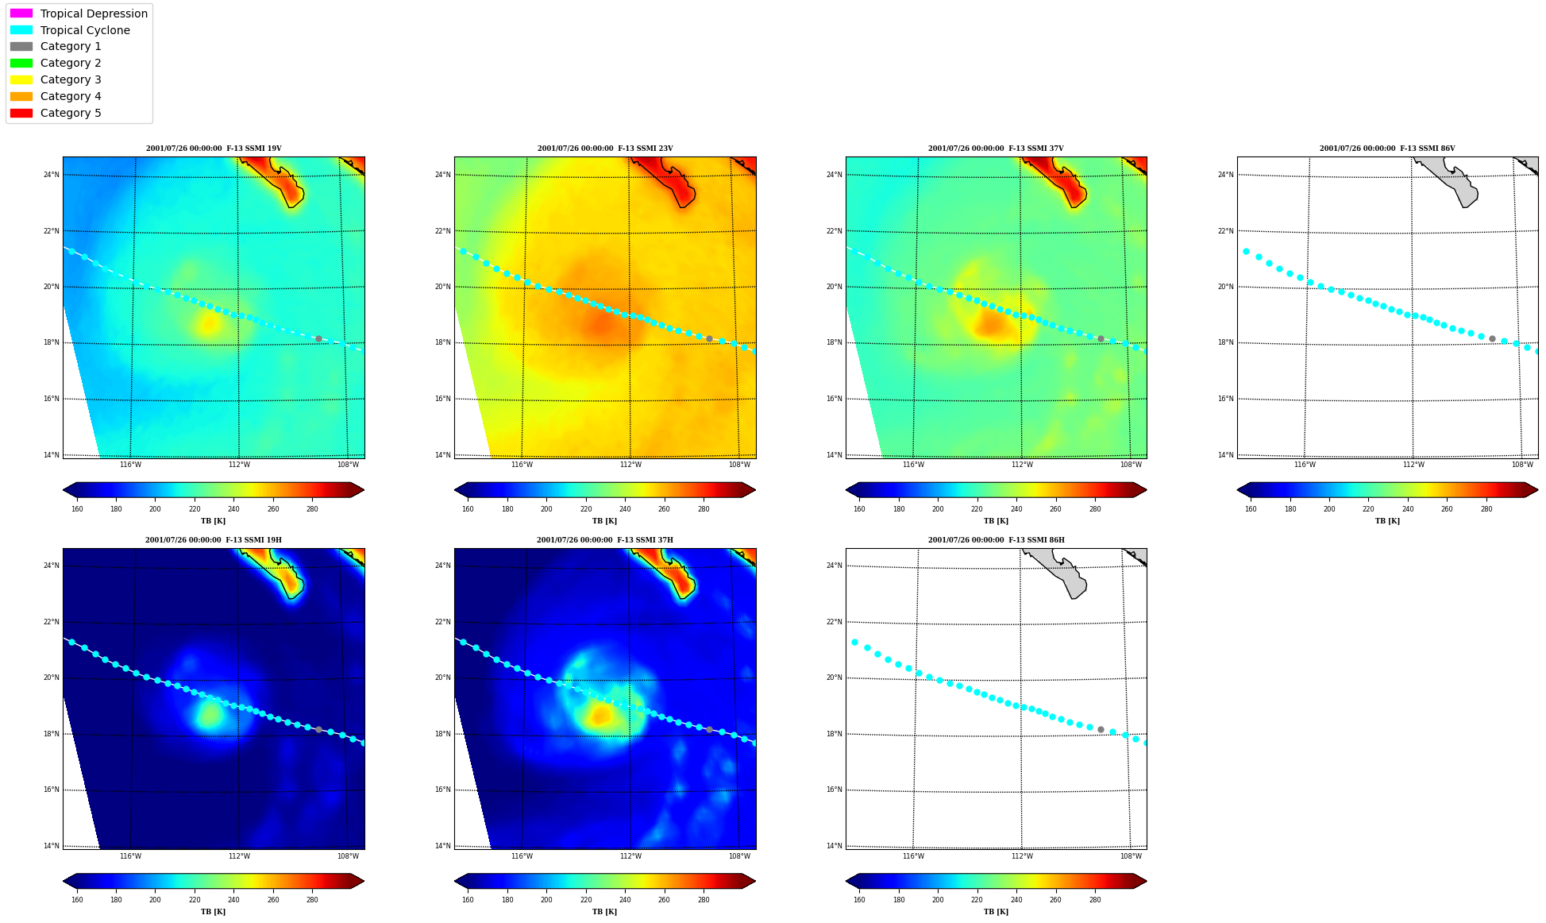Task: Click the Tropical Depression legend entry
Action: point(79,14)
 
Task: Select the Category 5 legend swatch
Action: point(21,113)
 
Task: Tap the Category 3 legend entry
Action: point(56,79)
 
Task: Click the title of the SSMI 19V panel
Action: point(214,149)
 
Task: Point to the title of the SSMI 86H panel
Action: point(997,540)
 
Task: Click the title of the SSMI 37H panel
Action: point(605,540)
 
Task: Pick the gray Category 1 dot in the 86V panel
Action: point(1492,339)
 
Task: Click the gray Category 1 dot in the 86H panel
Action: point(1101,729)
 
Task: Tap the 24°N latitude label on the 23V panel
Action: point(442,175)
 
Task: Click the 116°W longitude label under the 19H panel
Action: point(130,856)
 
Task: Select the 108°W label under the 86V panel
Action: point(1522,465)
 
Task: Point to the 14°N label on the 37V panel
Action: point(834,455)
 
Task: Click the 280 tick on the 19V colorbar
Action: point(312,509)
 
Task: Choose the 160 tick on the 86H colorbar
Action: point(859,900)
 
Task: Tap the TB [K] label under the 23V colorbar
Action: point(604,521)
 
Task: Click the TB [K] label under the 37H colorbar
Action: point(604,912)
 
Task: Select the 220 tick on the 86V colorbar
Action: point(1368,509)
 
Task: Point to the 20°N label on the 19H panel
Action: point(51,678)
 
